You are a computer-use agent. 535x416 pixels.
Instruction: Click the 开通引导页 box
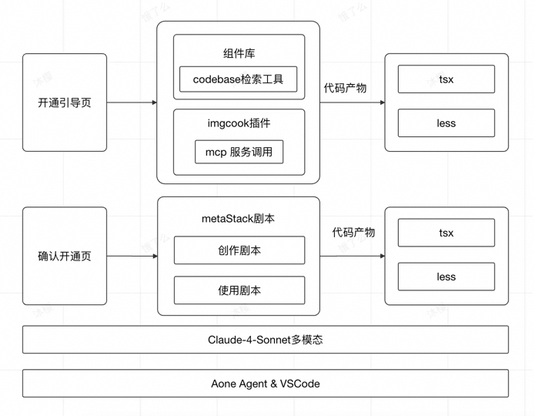click(x=65, y=102)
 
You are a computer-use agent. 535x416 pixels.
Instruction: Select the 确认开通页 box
click(x=65, y=256)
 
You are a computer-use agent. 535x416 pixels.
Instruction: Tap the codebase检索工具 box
click(x=239, y=79)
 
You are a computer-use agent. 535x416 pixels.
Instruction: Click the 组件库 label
click(x=239, y=53)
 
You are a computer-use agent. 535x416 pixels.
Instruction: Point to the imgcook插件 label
click(x=239, y=123)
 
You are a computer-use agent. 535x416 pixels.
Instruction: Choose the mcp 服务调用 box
click(x=239, y=152)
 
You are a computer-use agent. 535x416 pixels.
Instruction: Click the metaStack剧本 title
click(x=239, y=219)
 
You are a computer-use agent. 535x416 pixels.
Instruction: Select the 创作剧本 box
click(x=239, y=250)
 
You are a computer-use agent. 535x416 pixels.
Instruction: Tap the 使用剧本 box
click(x=239, y=290)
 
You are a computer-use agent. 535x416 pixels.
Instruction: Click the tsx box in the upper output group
click(x=446, y=79)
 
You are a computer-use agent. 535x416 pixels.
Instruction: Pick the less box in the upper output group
click(x=446, y=123)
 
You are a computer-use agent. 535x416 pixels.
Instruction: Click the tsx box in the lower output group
click(x=446, y=233)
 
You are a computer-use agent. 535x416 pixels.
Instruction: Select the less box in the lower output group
click(x=446, y=277)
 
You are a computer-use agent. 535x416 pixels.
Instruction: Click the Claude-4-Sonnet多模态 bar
click(x=265, y=340)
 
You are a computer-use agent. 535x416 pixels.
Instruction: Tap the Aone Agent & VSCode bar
click(x=265, y=383)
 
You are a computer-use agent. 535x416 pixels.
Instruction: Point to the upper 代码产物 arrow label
click(x=345, y=88)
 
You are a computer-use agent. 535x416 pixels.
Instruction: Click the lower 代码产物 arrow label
click(x=353, y=232)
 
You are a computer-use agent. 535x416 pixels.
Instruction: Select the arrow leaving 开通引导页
click(x=132, y=102)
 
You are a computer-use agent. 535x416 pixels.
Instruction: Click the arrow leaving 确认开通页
click(x=132, y=256)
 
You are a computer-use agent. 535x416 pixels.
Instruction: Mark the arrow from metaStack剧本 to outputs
click(x=352, y=256)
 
